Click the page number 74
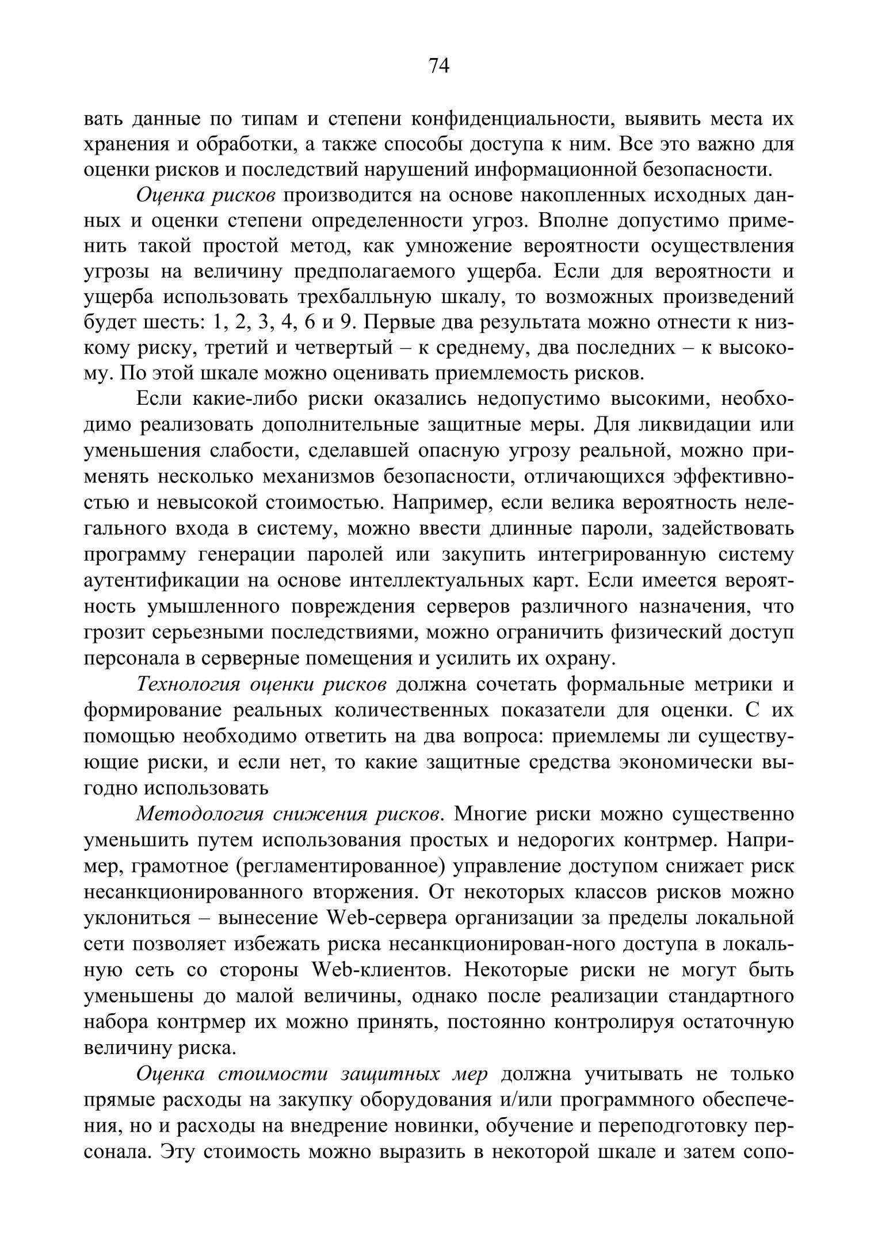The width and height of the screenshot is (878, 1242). tap(438, 66)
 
